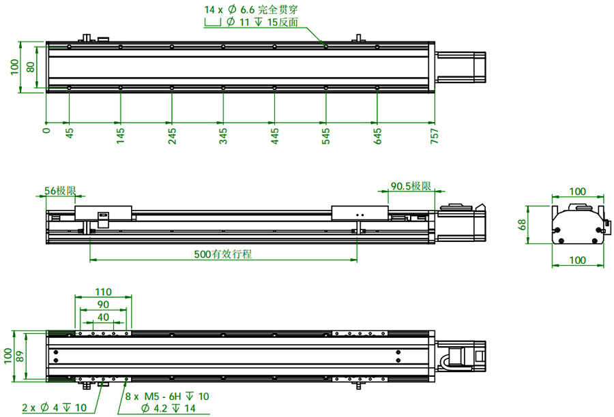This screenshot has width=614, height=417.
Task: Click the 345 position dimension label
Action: click(223, 134)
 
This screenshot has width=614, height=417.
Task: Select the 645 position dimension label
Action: click(377, 134)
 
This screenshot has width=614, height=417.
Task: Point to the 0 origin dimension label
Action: click(46, 129)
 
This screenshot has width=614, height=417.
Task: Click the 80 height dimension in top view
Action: click(30, 67)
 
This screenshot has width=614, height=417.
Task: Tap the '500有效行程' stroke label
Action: click(223, 254)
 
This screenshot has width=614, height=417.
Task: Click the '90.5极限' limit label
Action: click(411, 186)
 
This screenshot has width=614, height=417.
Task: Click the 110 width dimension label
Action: click(103, 292)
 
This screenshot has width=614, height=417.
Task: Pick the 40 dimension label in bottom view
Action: click(103, 317)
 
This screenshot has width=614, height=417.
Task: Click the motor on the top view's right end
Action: click(460, 67)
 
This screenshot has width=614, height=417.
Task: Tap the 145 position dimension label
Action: click(120, 134)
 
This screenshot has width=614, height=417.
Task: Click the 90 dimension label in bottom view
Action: click(103, 304)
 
